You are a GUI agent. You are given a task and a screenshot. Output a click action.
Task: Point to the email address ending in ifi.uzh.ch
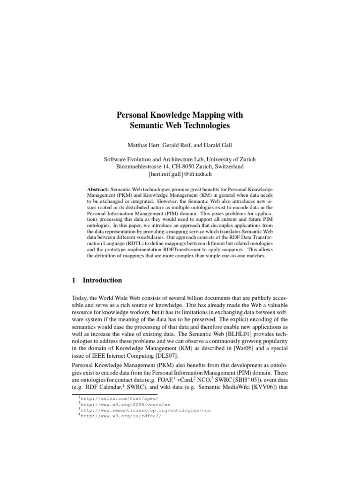180,175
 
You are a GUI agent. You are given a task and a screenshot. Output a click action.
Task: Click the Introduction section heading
102,280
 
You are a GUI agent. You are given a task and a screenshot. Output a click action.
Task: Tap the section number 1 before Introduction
74,280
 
